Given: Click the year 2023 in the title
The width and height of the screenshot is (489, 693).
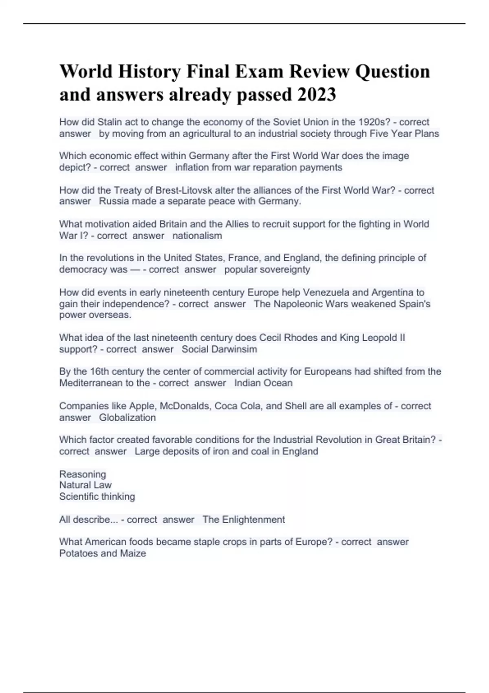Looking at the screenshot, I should (x=317, y=95).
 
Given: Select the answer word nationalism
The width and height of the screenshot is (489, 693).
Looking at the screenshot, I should (x=197, y=236).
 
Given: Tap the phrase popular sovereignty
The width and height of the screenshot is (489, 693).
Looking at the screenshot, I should (x=267, y=269).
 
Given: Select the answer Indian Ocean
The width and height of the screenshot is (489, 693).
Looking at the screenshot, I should (x=263, y=383).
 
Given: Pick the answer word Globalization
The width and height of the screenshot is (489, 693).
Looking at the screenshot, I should (x=127, y=417).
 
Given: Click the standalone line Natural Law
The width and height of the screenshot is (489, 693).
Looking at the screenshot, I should (x=85, y=485).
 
